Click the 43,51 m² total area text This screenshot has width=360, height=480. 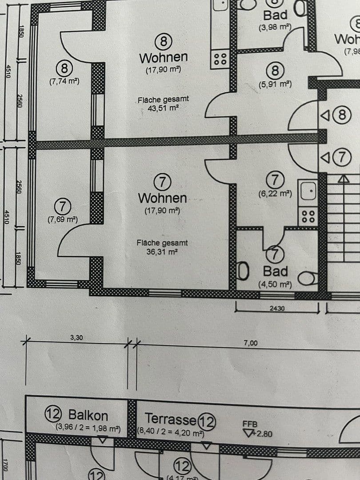163,108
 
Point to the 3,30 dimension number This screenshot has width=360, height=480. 76,338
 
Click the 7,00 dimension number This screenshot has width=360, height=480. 251,343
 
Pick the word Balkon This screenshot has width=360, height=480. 88,416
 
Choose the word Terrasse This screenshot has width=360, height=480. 171,419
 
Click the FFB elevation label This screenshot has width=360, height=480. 250,424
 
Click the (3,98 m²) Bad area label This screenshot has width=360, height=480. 275,27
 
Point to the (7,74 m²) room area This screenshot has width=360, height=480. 64,81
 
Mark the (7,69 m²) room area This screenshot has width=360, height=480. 63,219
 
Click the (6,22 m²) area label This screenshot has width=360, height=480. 275,194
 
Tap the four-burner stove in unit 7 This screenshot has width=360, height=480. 308,216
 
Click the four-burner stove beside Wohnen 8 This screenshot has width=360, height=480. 220,59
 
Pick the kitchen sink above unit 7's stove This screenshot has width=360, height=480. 308,192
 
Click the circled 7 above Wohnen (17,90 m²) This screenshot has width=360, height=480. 163,181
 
